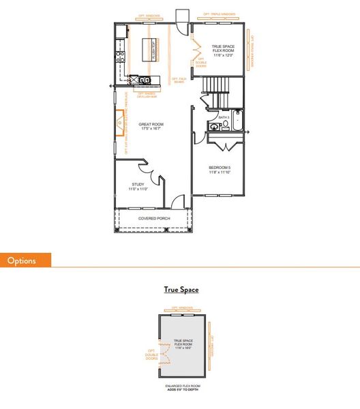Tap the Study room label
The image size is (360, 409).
tap(138, 186)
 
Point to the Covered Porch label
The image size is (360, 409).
tap(154, 218)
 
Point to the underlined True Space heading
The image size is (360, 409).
tap(181, 290)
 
